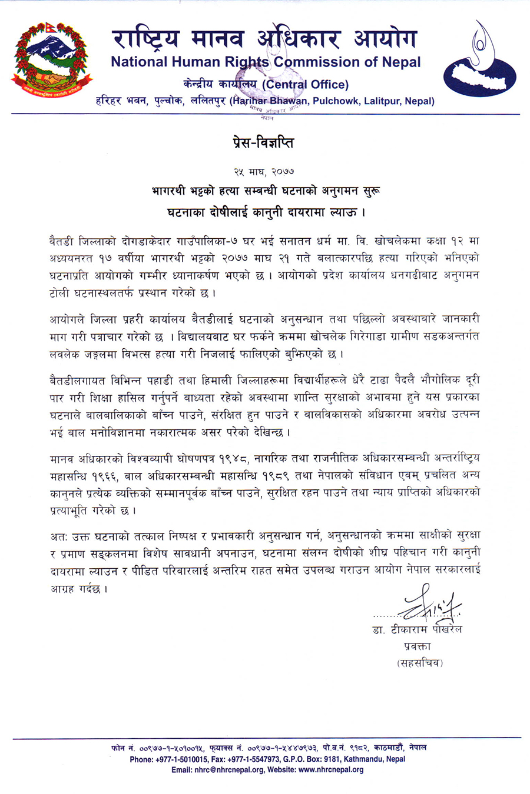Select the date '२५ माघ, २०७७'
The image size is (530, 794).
(x=264, y=171)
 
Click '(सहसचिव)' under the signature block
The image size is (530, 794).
(x=418, y=663)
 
